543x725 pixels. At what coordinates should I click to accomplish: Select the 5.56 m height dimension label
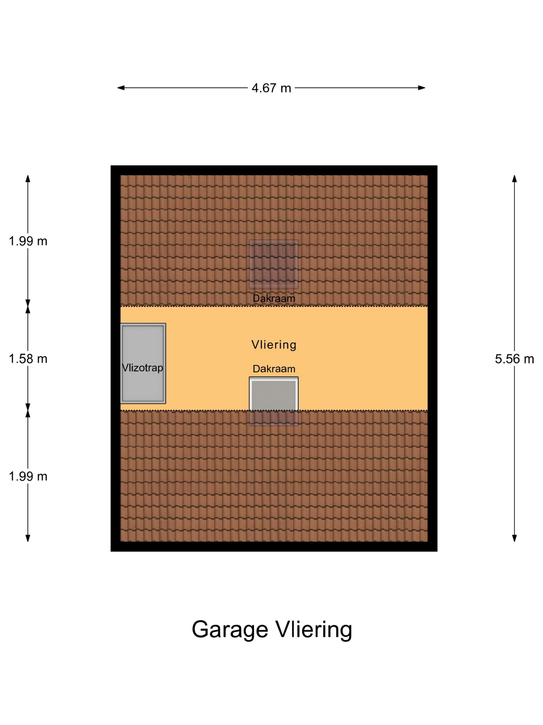514,359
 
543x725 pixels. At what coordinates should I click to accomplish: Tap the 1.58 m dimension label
28,359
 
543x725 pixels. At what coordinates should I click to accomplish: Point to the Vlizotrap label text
142,367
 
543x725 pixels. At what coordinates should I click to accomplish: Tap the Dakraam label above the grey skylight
274,369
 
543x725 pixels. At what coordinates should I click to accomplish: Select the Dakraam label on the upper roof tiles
274,298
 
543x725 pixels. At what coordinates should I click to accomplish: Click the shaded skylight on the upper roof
274,264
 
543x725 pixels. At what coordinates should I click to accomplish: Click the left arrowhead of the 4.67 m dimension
121,88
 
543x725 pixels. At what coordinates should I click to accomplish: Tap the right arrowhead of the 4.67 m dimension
421,88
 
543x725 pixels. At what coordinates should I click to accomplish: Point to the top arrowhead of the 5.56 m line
514,179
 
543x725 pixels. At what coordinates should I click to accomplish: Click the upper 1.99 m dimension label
28,241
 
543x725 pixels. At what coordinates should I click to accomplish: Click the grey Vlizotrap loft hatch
143,363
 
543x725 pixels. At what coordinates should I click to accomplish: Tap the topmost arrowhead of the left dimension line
28,179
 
